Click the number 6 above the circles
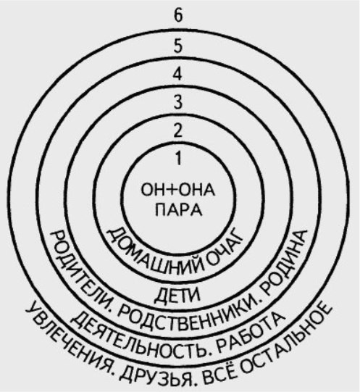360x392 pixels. pyautogui.click(x=178, y=16)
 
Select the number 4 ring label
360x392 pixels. pyautogui.click(x=177, y=74)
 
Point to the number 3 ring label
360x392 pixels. pyautogui.click(x=177, y=102)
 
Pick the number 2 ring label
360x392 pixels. pyautogui.click(x=177, y=130)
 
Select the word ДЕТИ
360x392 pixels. pyautogui.click(x=178, y=295)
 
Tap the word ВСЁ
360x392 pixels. pyautogui.click(x=217, y=375)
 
